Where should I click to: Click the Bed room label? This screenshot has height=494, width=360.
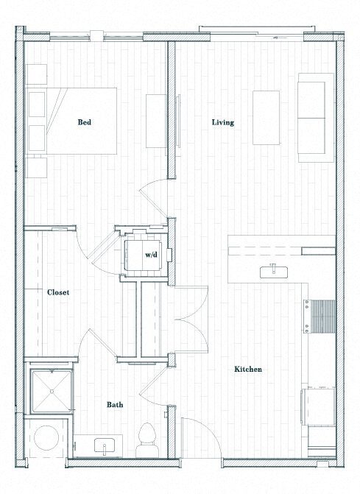click(x=85, y=122)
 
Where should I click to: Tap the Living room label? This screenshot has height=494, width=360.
click(x=222, y=122)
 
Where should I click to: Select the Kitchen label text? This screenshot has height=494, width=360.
click(x=248, y=369)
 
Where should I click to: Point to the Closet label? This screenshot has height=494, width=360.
click(x=58, y=292)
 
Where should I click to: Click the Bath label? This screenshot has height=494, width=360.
click(x=115, y=404)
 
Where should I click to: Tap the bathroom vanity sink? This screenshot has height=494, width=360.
click(x=105, y=445)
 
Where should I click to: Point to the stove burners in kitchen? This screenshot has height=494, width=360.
click(x=321, y=317)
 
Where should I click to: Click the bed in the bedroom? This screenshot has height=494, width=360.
click(x=72, y=121)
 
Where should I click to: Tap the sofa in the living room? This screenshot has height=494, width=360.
click(x=314, y=118)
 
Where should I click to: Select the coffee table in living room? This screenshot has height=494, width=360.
click(x=266, y=118)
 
